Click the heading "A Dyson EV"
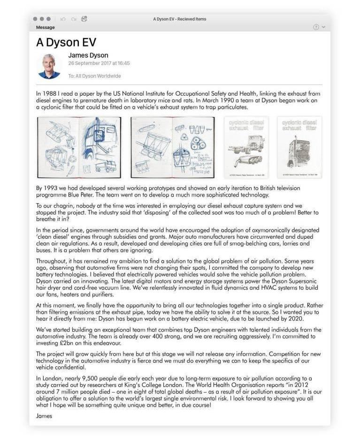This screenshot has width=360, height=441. coord(66,42)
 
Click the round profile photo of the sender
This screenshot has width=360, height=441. coord(49,66)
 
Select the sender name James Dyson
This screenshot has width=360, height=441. coord(88,55)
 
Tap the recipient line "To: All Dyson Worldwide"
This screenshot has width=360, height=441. coord(94,76)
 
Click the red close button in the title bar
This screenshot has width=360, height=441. coord(35,19)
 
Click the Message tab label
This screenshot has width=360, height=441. coord(45,27)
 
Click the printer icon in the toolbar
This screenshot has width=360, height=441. coord(84,19)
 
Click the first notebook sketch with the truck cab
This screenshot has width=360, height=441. coord(79,147)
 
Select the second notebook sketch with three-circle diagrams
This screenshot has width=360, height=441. coord(172,147)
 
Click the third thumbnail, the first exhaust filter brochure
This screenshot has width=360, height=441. coord(246,147)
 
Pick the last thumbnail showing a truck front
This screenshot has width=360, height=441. coord(299,147)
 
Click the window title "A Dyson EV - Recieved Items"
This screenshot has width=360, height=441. coord(180,19)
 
